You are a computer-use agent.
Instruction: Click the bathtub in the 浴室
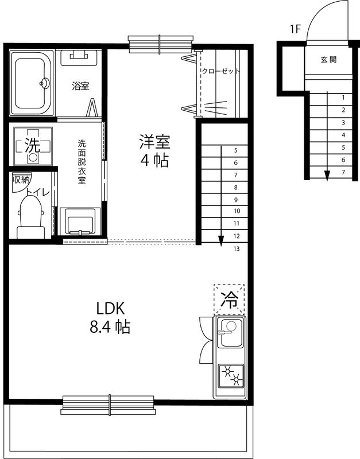tap(32, 83)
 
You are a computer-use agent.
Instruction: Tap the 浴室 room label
tap(80, 87)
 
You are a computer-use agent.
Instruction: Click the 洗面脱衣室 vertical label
tap(82, 162)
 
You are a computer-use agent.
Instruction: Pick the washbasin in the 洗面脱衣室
tap(80, 220)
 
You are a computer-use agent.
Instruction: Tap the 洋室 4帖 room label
tap(154, 150)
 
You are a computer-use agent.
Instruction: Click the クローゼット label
tap(220, 72)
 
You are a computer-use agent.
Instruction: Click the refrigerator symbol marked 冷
tap(229, 299)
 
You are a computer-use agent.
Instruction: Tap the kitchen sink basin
tap(230, 333)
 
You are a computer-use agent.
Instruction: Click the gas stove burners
tap(230, 376)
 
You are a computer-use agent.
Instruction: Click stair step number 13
tap(237, 249)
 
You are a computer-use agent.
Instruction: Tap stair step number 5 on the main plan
tap(236, 151)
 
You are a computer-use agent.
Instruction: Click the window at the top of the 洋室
tap(160, 43)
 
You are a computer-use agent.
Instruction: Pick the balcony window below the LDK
tap(109, 404)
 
